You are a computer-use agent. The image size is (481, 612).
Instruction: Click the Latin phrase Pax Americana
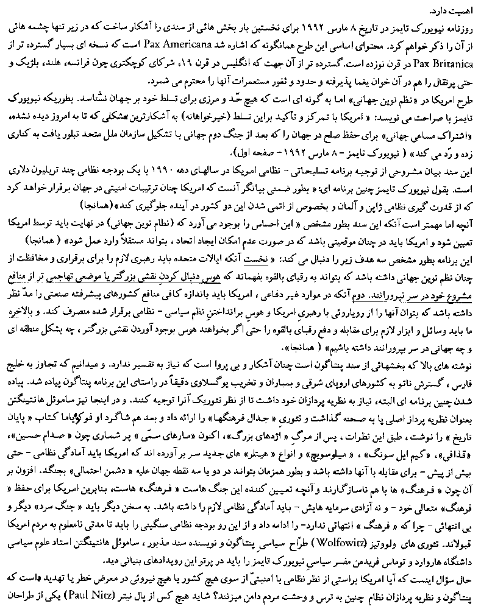point(237,44)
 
